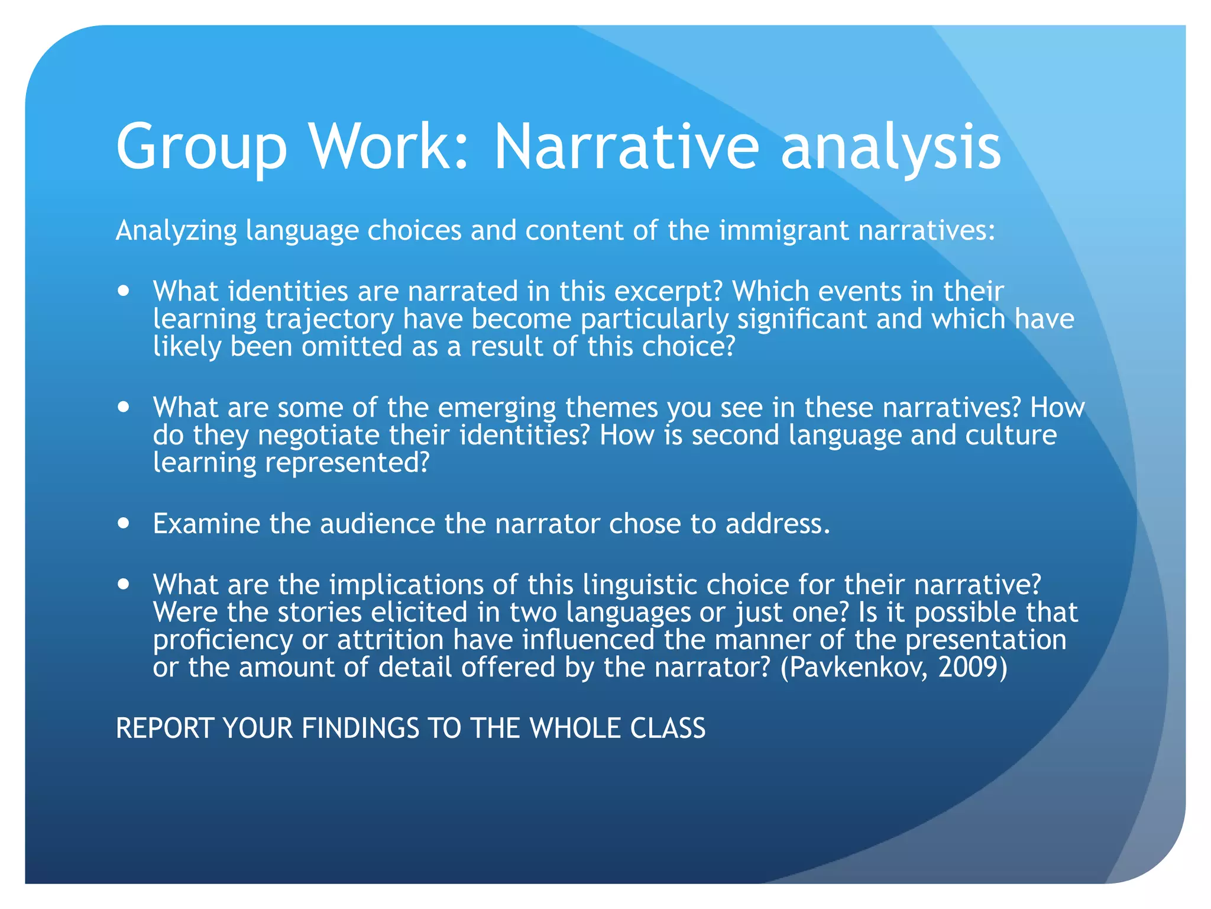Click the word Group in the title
point(201,148)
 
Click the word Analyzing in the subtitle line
point(176,231)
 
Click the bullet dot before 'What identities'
point(124,291)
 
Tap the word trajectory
point(329,320)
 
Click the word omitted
point(352,346)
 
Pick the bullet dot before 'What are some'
point(124,407)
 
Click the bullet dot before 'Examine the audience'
point(124,523)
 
